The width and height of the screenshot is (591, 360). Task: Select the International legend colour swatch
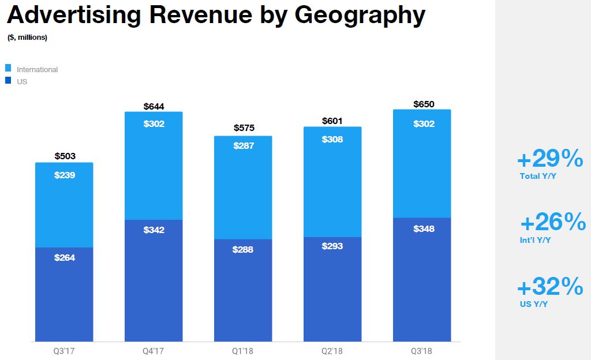click(8, 69)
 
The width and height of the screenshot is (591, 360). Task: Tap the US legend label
click(22, 81)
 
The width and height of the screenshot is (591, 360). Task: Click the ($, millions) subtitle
click(27, 37)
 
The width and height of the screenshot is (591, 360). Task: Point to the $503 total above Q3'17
click(65, 156)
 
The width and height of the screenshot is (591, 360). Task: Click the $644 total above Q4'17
click(154, 106)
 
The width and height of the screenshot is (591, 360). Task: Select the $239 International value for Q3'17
click(65, 175)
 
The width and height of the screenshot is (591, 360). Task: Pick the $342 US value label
click(154, 230)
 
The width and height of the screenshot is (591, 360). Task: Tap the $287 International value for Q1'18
click(243, 145)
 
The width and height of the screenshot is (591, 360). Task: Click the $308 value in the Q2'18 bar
click(332, 139)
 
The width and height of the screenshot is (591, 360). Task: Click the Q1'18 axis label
click(243, 351)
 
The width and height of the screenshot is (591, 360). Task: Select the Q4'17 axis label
click(154, 351)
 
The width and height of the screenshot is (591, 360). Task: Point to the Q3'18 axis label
click(421, 351)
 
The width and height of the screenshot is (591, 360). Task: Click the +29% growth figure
click(550, 158)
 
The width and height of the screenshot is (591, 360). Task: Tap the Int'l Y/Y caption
click(535, 240)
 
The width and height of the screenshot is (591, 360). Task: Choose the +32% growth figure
click(550, 287)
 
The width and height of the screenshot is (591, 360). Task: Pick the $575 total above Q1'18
click(244, 127)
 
